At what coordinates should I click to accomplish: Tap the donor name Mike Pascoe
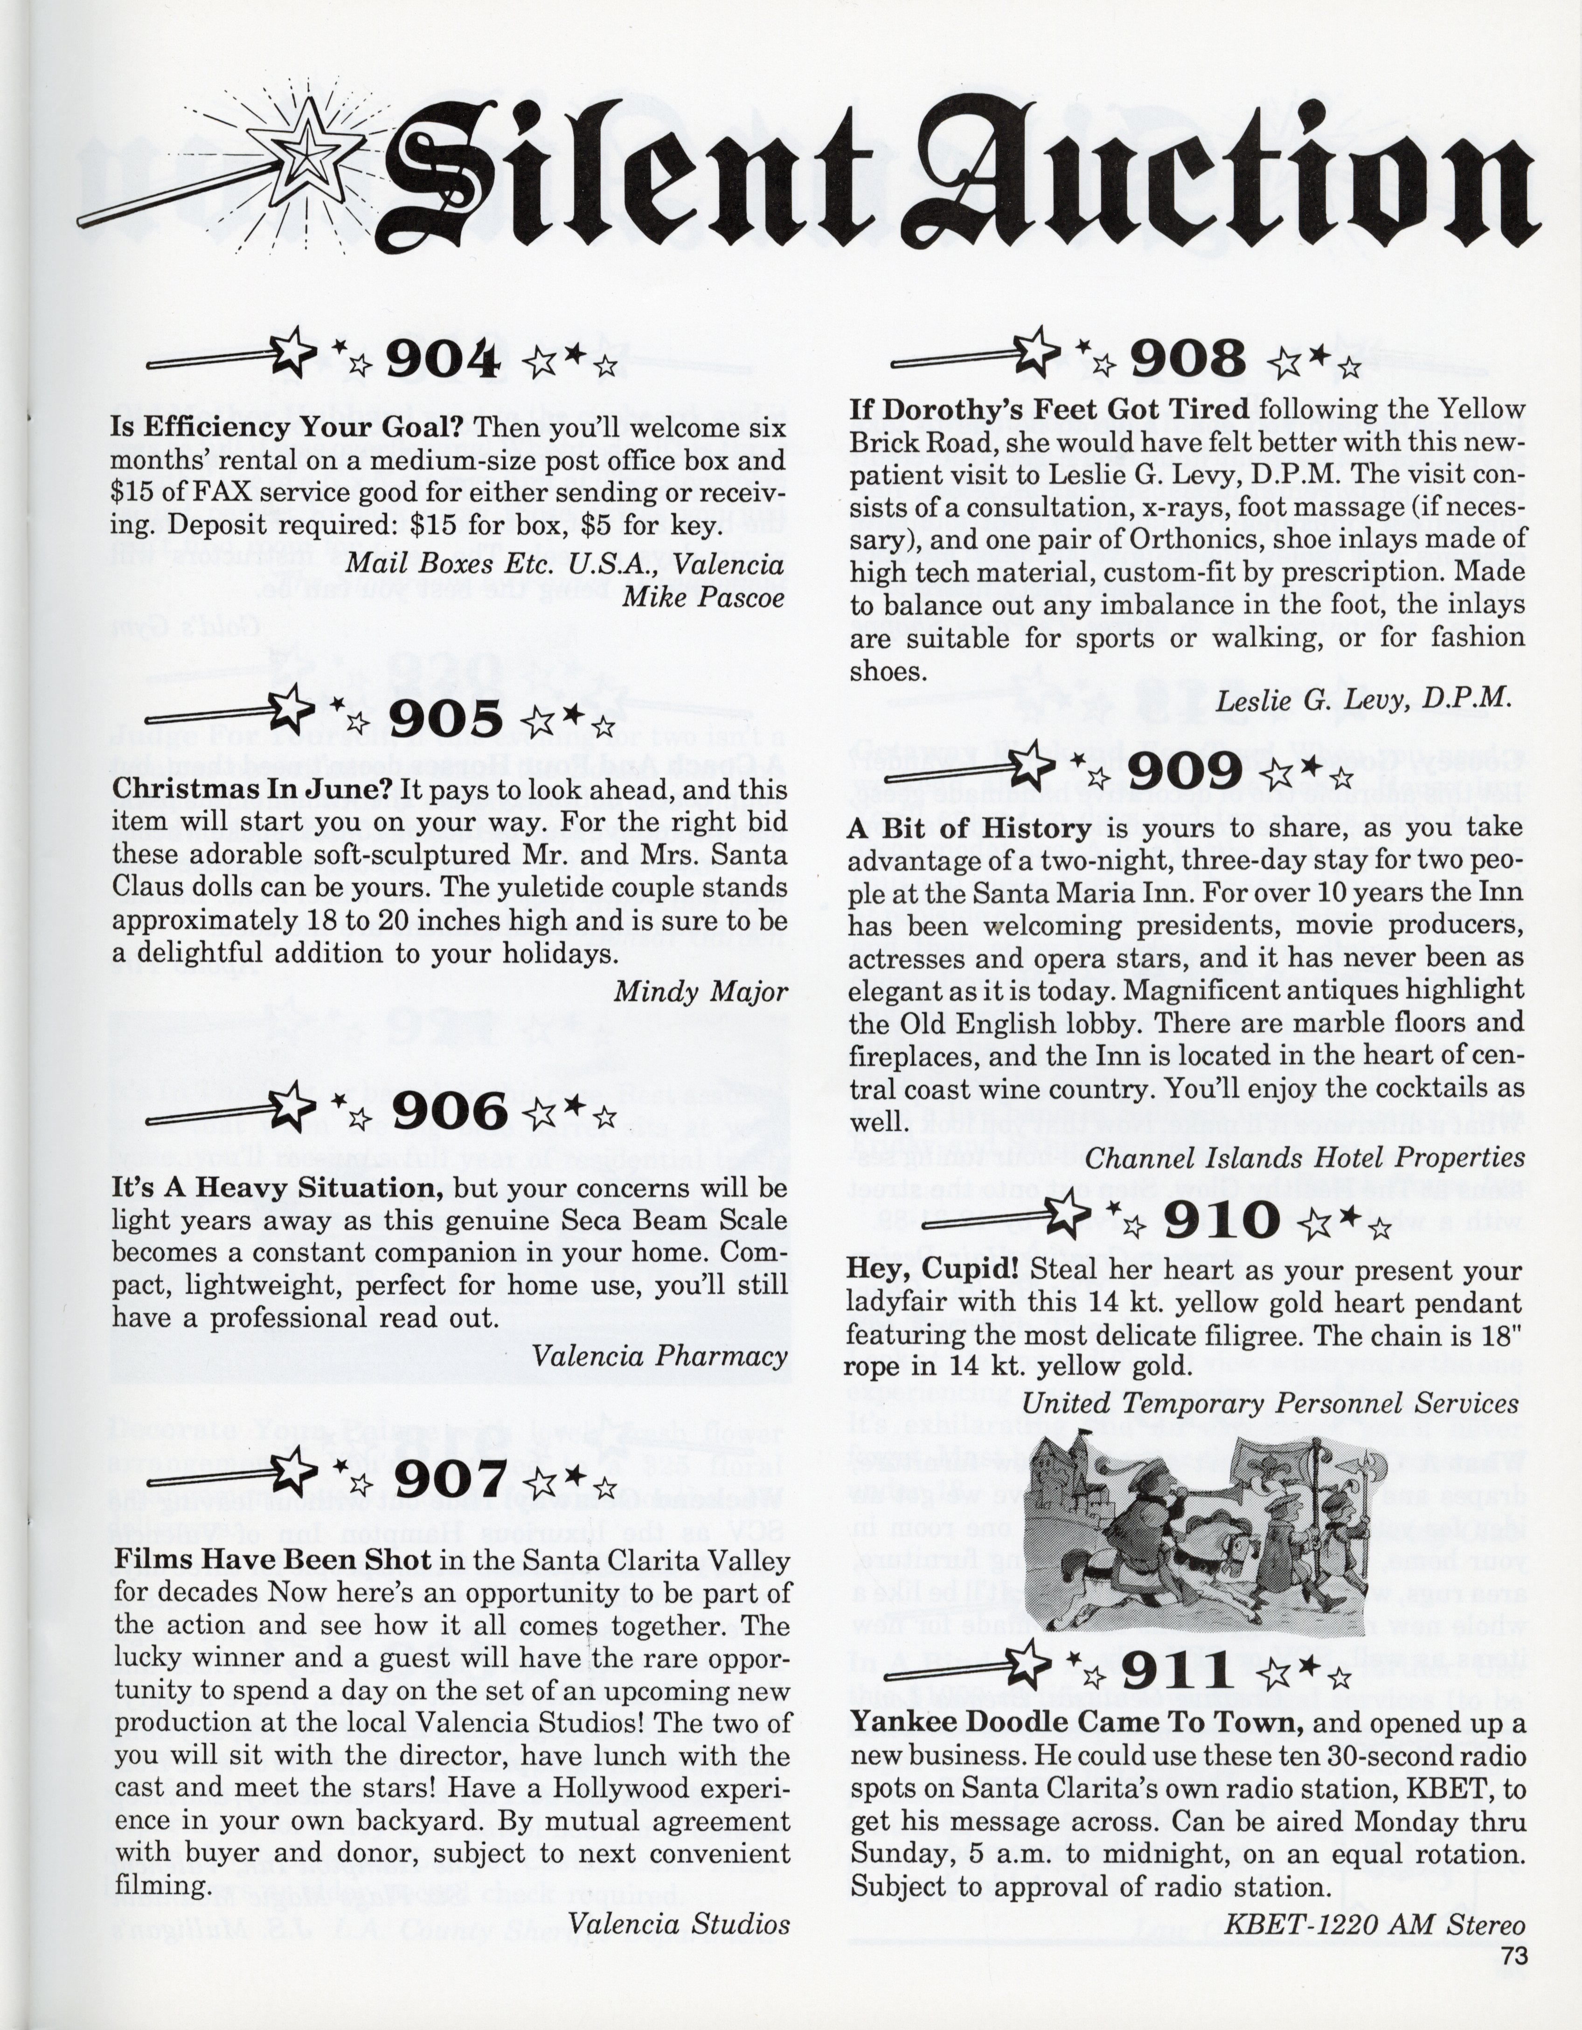click(x=704, y=597)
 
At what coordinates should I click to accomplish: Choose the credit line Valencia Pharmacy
click(x=660, y=1356)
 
